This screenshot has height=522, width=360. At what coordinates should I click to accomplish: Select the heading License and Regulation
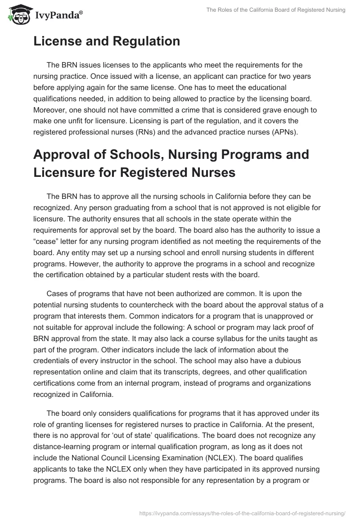coord(107,41)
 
